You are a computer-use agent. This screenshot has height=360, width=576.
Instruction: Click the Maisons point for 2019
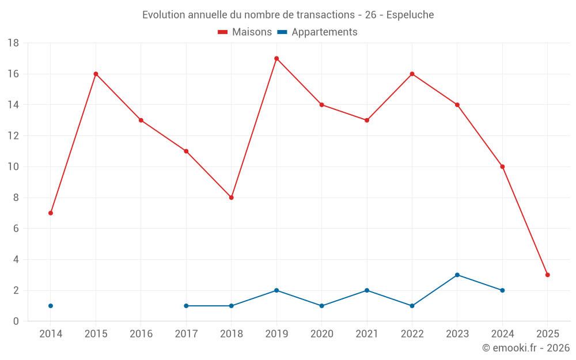pos(276,58)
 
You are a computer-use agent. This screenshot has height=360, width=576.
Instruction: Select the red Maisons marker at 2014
pos(51,213)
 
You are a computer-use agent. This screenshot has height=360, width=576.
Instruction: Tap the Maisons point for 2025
pos(547,275)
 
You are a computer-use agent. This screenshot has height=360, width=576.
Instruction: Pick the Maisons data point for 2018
pos(232,198)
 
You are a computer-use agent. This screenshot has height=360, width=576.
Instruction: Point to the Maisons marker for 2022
pos(412,74)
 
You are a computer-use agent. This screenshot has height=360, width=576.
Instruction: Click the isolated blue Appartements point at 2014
pos(51,306)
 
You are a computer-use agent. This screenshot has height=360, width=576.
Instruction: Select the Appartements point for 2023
pos(457,275)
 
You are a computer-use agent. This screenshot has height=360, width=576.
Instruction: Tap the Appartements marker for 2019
pos(276,290)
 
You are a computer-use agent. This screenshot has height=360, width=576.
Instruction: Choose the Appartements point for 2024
pos(502,290)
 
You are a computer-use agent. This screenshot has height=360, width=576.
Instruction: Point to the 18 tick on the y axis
pos(13,43)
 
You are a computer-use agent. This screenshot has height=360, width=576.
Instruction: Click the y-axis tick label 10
pos(13,167)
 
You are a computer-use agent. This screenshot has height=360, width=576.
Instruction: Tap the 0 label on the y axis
pos(16,321)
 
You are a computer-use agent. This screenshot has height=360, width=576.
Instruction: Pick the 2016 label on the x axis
pos(141,334)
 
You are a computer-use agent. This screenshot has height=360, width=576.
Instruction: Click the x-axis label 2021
pos(367,334)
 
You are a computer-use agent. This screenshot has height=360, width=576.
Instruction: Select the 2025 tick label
pos(547,334)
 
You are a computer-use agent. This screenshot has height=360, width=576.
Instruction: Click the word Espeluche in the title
pos(410,14)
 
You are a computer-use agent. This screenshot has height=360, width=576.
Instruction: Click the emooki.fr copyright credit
pos(525,348)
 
